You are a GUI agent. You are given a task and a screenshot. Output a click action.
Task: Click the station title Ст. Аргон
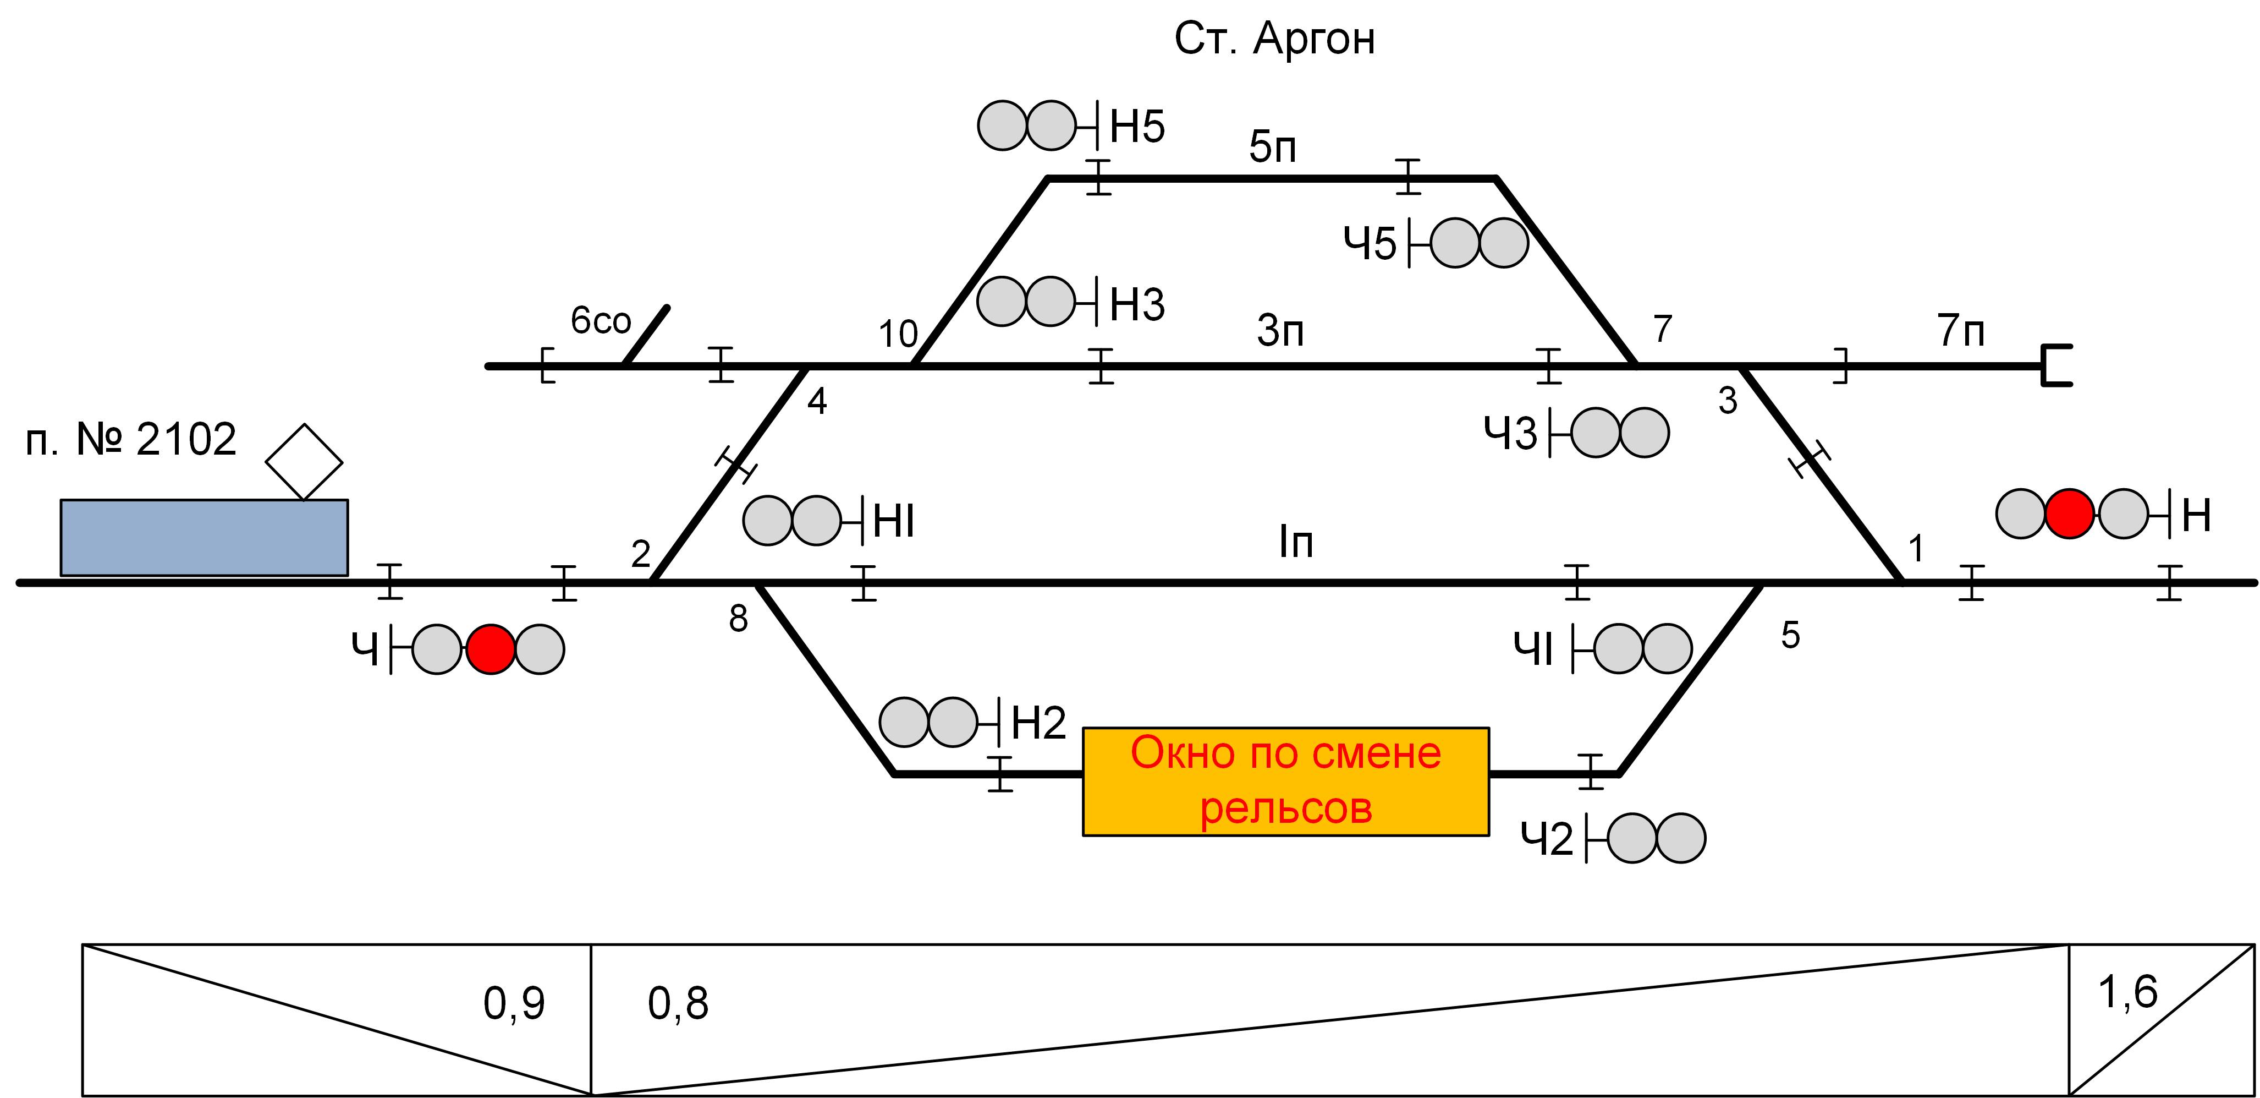click(x=1274, y=40)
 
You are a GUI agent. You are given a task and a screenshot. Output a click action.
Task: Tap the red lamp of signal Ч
click(x=491, y=649)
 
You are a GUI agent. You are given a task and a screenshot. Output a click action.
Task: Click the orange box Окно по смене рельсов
click(x=1285, y=781)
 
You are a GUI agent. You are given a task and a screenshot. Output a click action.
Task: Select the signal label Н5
click(x=1137, y=127)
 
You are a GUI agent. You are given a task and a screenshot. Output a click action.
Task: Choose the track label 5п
click(x=1272, y=148)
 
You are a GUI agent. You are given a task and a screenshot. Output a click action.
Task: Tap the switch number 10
click(x=898, y=335)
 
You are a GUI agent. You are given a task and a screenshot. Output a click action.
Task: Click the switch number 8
click(x=738, y=620)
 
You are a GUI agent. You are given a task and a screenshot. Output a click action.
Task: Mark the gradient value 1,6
click(x=2127, y=993)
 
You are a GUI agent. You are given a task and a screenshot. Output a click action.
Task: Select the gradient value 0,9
click(x=514, y=1003)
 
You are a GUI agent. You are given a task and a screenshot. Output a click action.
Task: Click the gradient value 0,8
click(x=677, y=1003)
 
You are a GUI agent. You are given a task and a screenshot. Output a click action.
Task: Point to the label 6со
click(x=601, y=321)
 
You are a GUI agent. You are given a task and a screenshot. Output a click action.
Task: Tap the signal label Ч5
click(x=1370, y=244)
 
